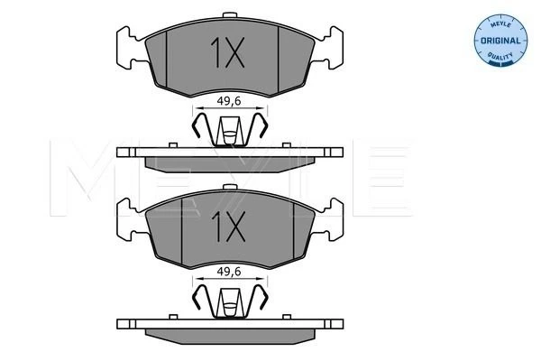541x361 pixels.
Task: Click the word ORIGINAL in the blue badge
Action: pos(500,41)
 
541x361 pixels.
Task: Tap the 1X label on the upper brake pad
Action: pos(228,52)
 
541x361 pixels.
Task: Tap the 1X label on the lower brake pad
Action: pos(228,227)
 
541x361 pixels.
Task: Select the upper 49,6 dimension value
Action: pos(229,101)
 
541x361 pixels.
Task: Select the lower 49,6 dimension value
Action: pos(229,272)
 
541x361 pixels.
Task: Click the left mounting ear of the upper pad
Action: pos(129,48)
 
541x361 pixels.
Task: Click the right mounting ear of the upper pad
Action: pos(331,48)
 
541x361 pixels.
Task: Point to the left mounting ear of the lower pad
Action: pos(129,219)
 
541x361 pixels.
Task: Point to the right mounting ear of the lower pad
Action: pos(332,219)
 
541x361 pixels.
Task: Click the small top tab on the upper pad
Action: pos(230,14)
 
